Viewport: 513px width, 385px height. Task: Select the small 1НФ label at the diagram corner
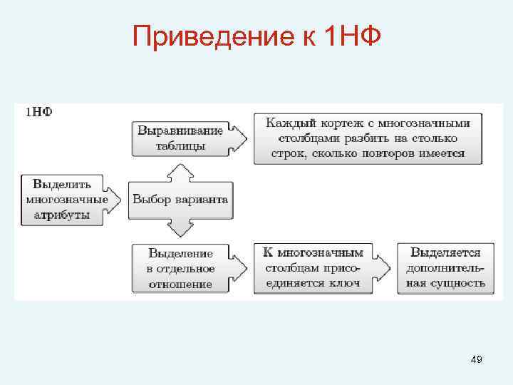coord(38,112)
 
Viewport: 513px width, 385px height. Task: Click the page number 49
coord(477,360)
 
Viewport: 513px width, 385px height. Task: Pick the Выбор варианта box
coord(180,199)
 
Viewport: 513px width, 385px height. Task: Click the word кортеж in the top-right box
coord(348,123)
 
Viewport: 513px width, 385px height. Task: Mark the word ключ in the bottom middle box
coord(346,283)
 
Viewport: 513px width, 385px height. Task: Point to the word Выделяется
coord(445,252)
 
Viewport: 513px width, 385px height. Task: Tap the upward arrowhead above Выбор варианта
coord(180,169)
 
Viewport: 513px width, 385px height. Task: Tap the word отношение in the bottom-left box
coord(180,284)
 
